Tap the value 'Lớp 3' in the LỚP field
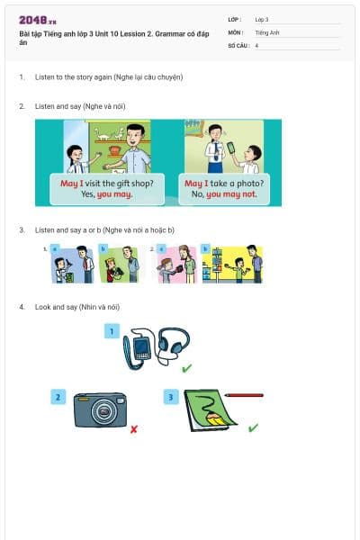pos(262,19)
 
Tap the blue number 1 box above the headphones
pos(112,331)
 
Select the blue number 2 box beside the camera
pos(58,396)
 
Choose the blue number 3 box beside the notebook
pos(171,396)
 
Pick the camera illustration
pos(100,410)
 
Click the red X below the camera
pos(133,429)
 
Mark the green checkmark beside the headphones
pos(186,369)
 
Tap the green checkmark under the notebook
pos(253,427)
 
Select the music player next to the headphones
pos(140,350)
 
